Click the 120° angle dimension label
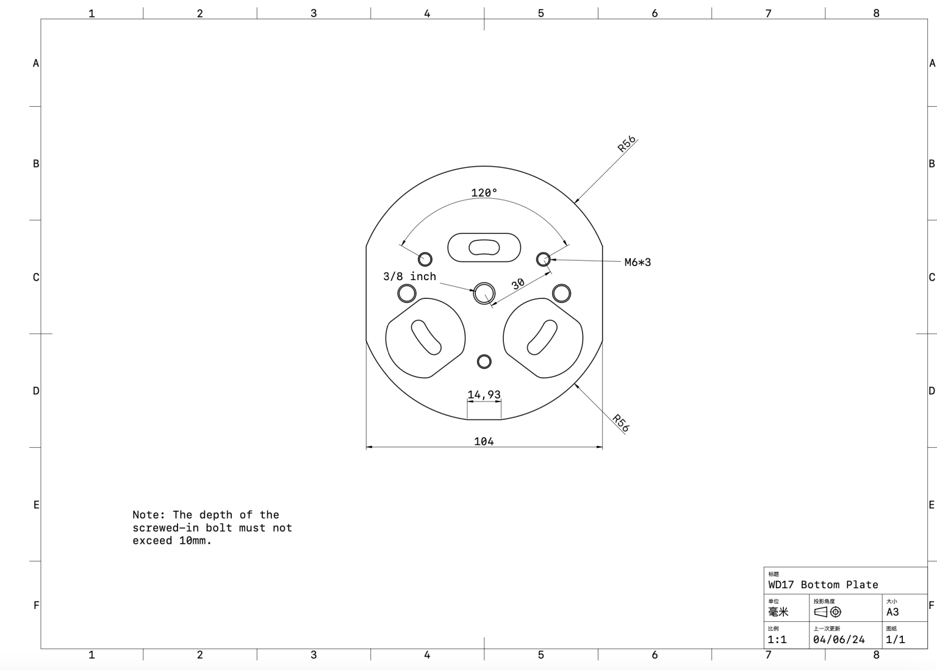pos(484,193)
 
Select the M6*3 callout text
pos(637,262)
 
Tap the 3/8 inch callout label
pos(409,276)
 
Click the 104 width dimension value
pos(484,441)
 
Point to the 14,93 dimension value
pos(484,395)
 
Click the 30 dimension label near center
pos(517,284)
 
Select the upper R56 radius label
pos(626,143)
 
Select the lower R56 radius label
pos(621,423)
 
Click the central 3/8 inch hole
pos(484,293)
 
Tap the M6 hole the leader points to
pos(543,259)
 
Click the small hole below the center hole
pos(484,362)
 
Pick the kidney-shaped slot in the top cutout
pos(484,247)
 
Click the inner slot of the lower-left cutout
pos(426,337)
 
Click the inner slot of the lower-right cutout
pos(542,337)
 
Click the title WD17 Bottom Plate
pos(823,585)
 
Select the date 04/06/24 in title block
pos(839,639)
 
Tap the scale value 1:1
pos(777,639)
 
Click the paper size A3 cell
pos(892,612)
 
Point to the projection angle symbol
pos(828,612)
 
